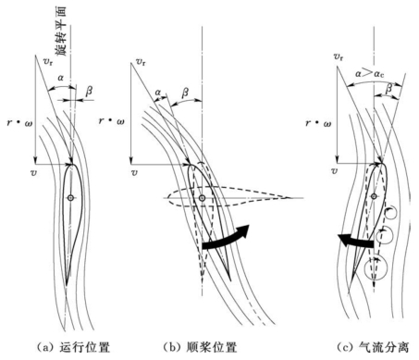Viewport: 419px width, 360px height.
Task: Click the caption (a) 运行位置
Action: coord(73,348)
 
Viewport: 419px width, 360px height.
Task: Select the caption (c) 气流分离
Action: coord(374,348)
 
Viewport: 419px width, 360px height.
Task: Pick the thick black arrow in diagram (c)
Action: coord(356,241)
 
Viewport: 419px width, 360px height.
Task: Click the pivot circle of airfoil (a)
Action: coord(71,198)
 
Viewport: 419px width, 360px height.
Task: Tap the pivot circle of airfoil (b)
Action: coord(202,198)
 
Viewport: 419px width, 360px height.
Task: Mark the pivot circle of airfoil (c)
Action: coord(374,196)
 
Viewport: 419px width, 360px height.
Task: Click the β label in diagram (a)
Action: coord(89,92)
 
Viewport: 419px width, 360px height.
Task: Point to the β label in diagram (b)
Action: coord(185,93)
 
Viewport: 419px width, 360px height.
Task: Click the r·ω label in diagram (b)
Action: coord(112,120)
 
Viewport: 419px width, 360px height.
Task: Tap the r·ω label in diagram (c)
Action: coord(318,123)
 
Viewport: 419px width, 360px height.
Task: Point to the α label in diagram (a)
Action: coord(61,79)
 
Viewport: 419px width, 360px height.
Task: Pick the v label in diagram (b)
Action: coord(134,172)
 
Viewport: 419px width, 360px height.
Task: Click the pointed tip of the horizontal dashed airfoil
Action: coord(290,198)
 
